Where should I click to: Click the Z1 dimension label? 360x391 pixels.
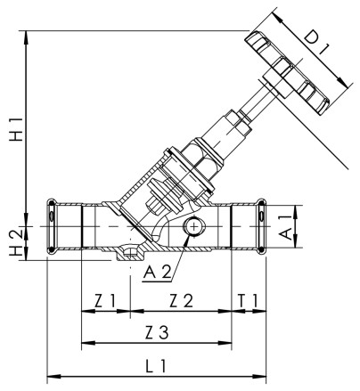click(x=105, y=301)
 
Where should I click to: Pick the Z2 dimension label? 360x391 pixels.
click(x=182, y=301)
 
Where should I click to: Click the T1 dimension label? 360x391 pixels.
click(x=249, y=301)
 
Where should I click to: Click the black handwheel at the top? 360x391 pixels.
click(x=293, y=69)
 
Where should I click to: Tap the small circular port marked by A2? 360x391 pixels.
click(x=192, y=229)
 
